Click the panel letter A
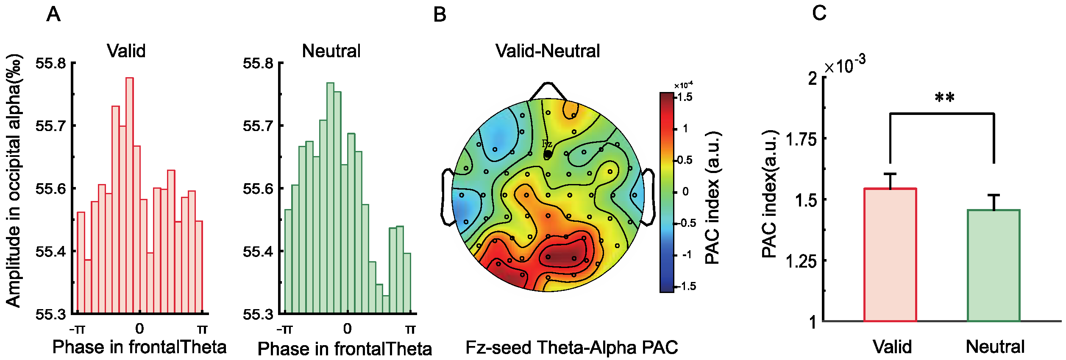[53, 14]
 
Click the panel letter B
[440, 15]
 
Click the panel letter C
[819, 13]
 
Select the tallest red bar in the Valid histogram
[130, 195]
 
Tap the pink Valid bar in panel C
[890, 254]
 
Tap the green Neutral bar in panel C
[994, 265]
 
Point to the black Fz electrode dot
[548, 154]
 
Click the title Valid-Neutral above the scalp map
[548, 51]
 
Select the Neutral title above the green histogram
[331, 51]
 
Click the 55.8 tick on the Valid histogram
[51, 64]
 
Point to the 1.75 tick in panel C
[801, 139]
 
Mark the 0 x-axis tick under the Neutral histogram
[347, 329]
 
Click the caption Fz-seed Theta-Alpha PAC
[571, 348]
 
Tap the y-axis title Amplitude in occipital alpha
[14, 180]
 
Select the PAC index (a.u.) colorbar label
[713, 197]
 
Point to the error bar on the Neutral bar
[994, 202]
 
